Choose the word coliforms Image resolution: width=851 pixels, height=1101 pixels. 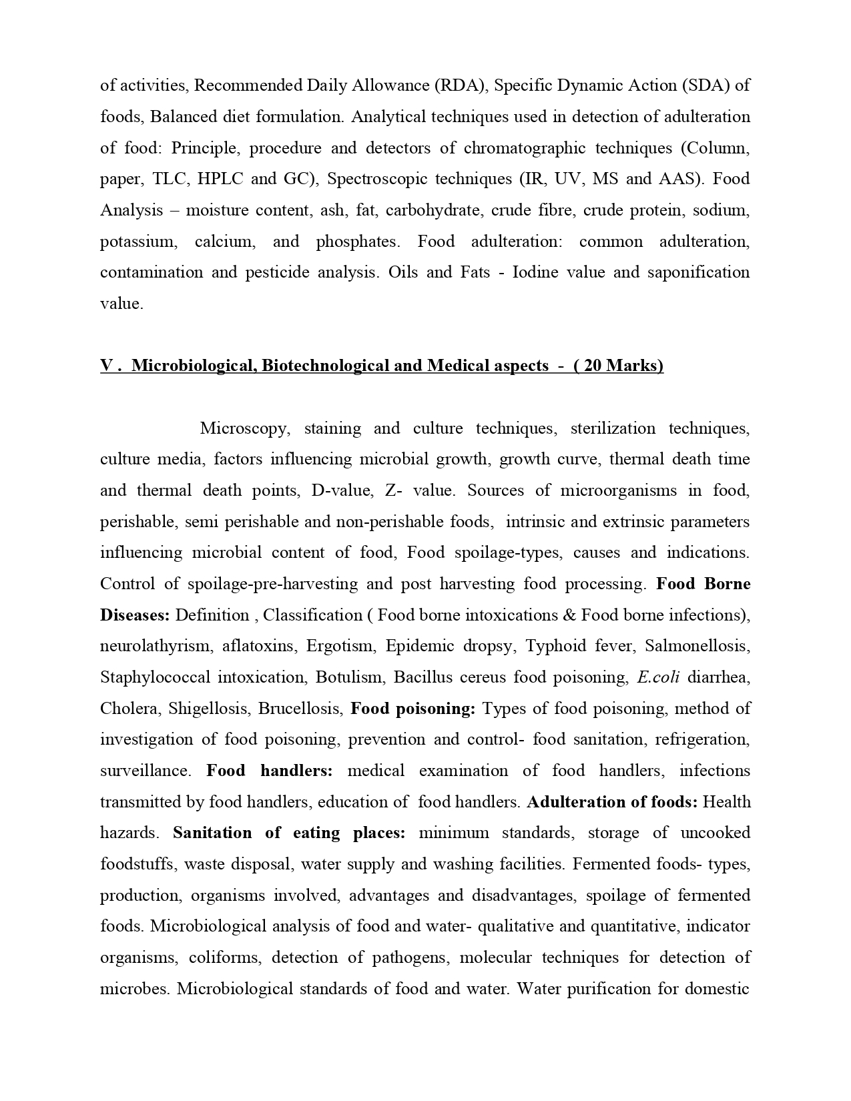[220, 958]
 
